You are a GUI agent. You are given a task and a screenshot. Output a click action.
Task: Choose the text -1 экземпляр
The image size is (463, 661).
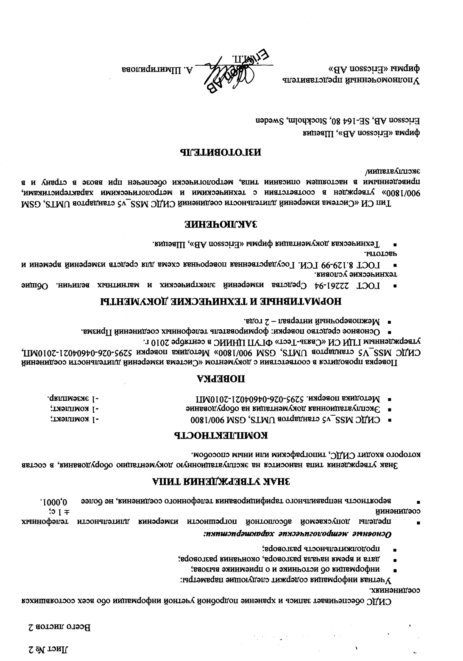pyautogui.click(x=73, y=399)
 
